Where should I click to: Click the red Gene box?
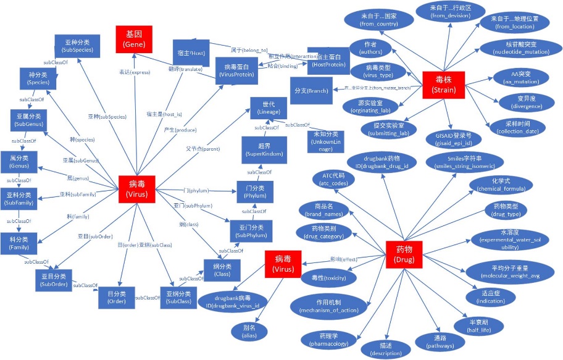click(134, 39)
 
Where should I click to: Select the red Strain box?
click(443, 86)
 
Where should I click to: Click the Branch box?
click(311, 90)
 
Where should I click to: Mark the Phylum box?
click(255, 191)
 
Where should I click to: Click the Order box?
click(116, 298)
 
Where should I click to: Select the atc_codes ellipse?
click(338, 179)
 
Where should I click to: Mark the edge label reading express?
click(134, 72)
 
